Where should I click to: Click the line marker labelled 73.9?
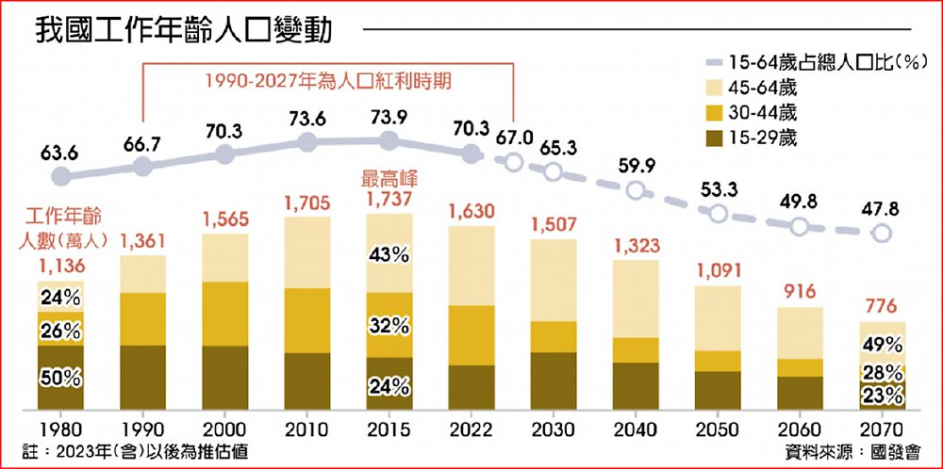coord(388,141)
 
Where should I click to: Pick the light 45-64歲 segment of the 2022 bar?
coord(471,266)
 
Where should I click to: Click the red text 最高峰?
coord(388,176)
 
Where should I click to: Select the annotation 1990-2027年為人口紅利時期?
coord(327,82)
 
